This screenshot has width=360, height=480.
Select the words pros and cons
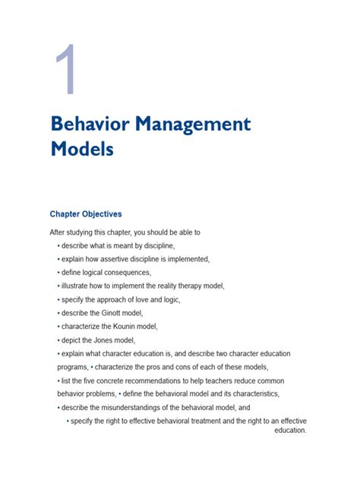pos(182,368)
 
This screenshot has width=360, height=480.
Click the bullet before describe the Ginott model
pos(58,313)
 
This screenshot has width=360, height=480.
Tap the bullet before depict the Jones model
pos(58,340)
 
